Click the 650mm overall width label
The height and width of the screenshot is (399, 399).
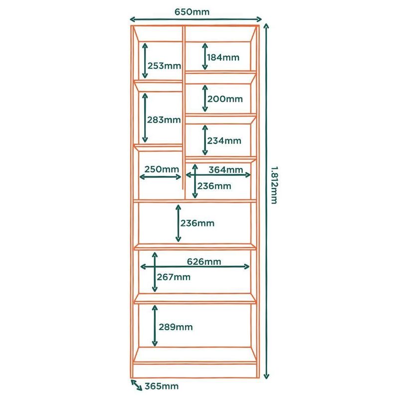(x=192, y=10)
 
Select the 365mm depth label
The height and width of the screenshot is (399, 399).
(x=161, y=386)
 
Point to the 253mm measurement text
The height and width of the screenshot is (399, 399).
(x=164, y=66)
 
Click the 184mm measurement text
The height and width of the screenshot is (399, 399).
(x=223, y=57)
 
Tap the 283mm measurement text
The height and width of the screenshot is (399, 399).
(x=164, y=120)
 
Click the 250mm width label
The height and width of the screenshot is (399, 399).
(x=161, y=169)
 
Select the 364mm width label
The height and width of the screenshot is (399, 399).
(x=226, y=170)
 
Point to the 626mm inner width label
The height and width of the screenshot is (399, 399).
(x=204, y=261)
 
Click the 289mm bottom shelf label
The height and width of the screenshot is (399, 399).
(x=175, y=327)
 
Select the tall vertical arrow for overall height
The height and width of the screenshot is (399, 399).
(x=266, y=199)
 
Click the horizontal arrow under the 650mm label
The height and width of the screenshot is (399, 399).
(x=196, y=20)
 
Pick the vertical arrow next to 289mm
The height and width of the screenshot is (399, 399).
(x=155, y=326)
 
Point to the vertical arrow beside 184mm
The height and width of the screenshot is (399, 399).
(x=204, y=56)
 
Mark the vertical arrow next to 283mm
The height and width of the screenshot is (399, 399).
(x=145, y=118)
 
